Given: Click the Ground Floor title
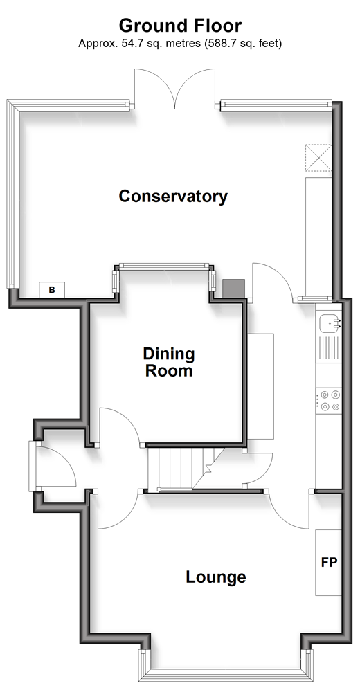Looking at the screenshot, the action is tap(180, 26).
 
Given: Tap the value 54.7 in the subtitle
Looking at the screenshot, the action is tap(125, 44).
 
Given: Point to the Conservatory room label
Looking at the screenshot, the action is tap(173, 196).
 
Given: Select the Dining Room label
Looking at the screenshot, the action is tap(169, 362).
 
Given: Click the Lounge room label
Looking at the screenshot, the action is tap(215, 577).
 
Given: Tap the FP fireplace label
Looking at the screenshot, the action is tap(329, 563).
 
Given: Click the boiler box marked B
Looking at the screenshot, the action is tap(52, 289).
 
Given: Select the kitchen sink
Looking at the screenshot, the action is tap(329, 324).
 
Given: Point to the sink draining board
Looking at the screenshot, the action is tap(329, 348).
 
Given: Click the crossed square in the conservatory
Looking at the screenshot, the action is tap(318, 157).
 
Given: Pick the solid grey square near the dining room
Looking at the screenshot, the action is tap(233, 288).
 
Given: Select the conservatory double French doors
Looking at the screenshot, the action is tap(174, 88).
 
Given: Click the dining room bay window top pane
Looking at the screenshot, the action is tap(163, 266).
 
